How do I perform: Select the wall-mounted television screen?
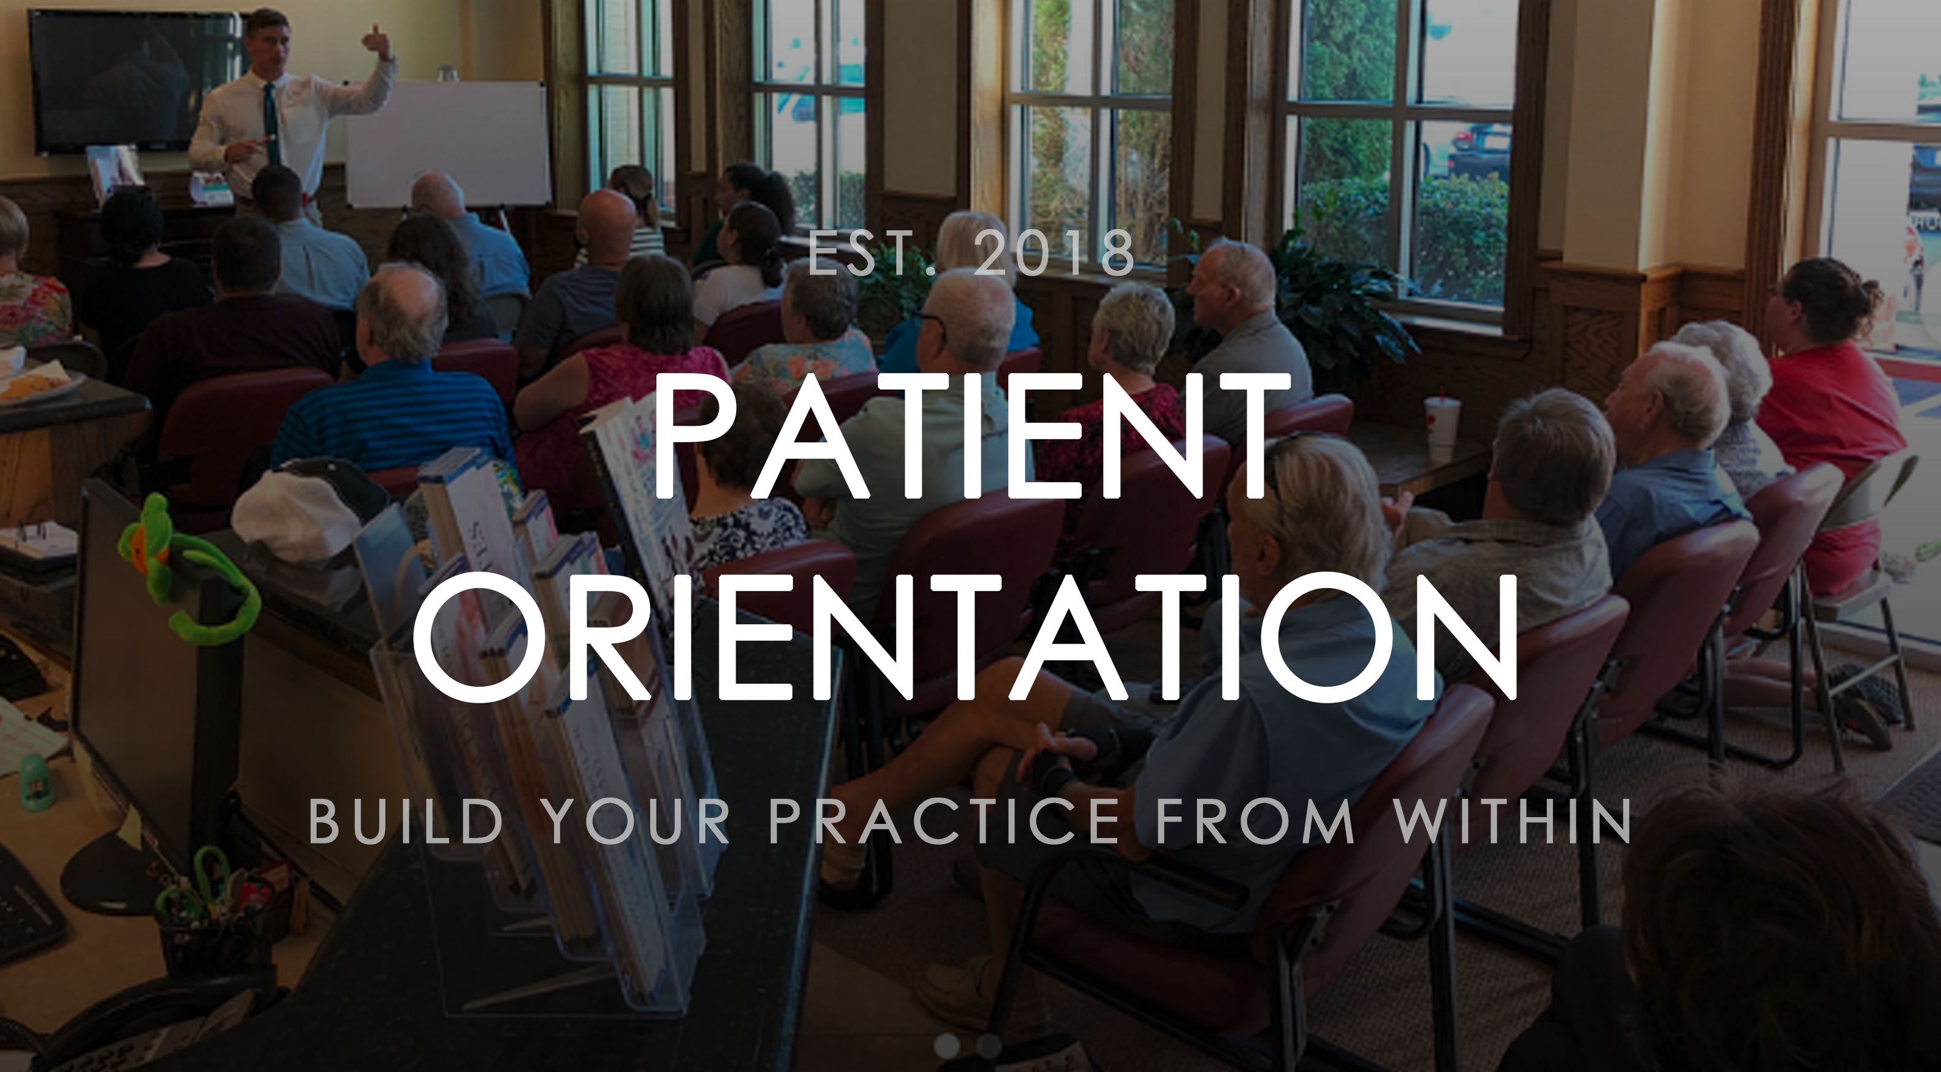coord(113,79)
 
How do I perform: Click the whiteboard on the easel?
coord(449,143)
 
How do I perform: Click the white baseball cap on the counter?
coord(298,512)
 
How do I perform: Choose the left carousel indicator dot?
coord(946,1045)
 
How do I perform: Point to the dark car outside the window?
coord(1477,151)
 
